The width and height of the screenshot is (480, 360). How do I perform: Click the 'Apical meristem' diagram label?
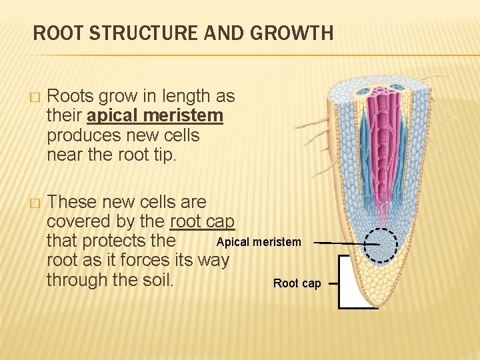(x=259, y=242)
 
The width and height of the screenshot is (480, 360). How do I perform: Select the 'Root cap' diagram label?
(x=297, y=283)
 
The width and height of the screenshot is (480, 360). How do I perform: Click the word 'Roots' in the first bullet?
(x=72, y=97)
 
